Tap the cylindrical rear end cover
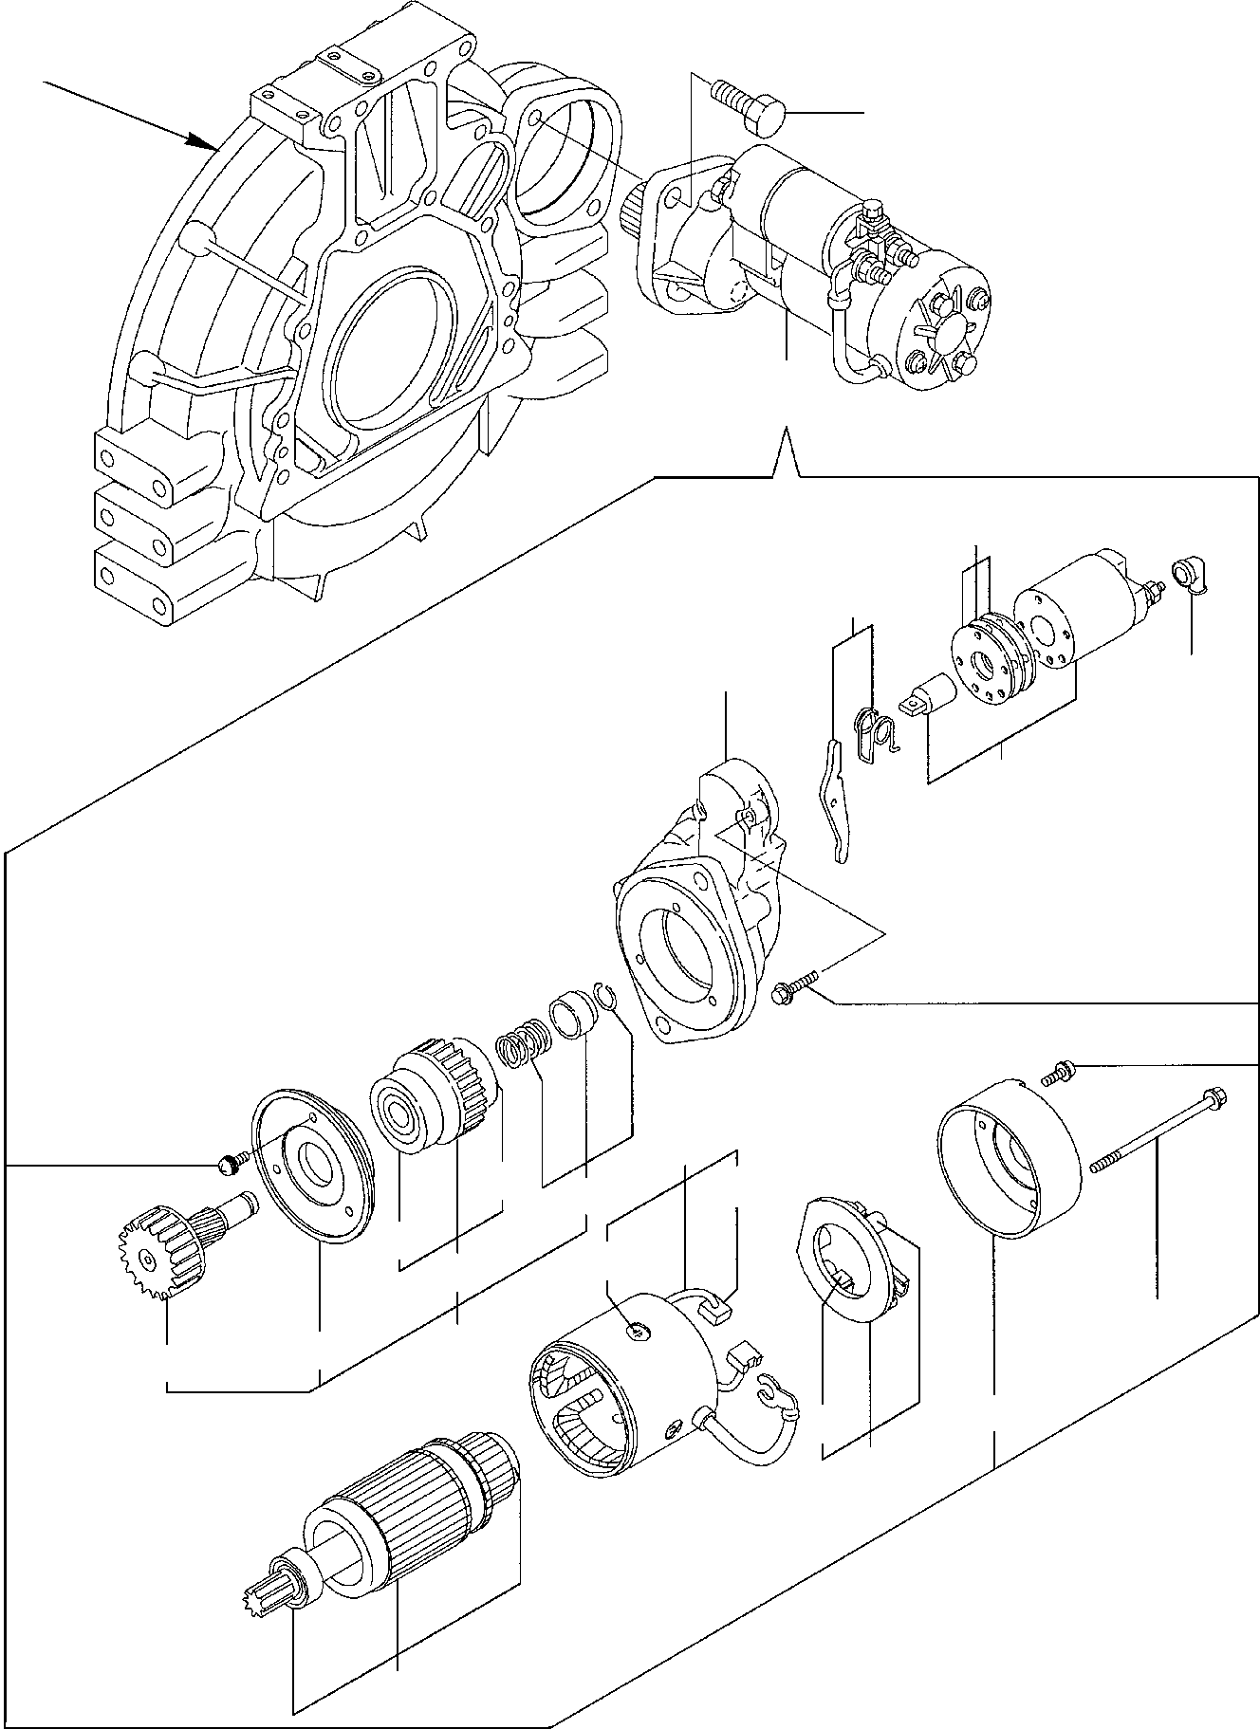[1010, 1157]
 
